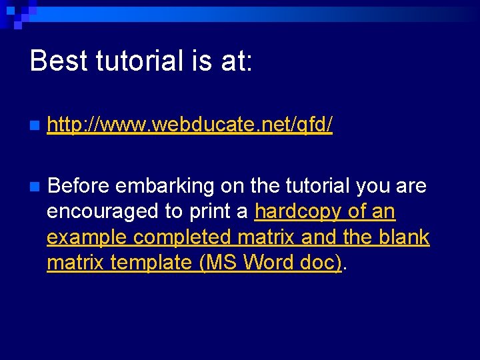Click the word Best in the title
[59, 61]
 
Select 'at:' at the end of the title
[235, 61]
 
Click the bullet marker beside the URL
[35, 125]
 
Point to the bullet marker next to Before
[35, 186]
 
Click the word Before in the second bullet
[80, 185]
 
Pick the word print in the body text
[209, 211]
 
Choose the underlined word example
[87, 237]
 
